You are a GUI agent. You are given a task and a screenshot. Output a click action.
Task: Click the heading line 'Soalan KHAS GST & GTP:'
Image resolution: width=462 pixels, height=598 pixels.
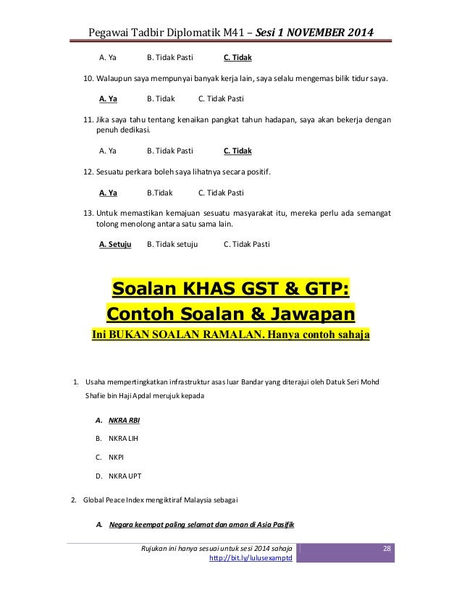pos(230,291)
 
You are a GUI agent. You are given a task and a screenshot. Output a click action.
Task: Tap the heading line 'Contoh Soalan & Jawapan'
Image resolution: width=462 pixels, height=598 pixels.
pos(230,315)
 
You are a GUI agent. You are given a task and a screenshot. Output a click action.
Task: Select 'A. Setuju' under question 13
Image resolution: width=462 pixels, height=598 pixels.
pos(114,244)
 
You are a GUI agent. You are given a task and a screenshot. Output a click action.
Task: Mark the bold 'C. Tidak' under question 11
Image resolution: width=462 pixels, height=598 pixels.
pos(238,151)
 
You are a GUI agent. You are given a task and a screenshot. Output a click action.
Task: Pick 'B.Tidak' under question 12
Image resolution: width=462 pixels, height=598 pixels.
pos(161,193)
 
